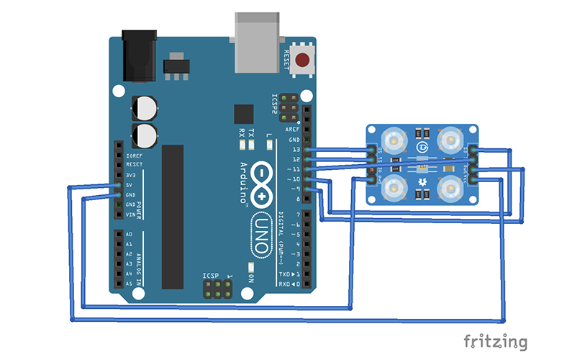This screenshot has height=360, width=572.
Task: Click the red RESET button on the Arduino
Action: pyautogui.click(x=304, y=60)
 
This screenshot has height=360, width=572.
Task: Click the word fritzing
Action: pyautogui.click(x=495, y=340)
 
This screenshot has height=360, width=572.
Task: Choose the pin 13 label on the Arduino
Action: pyautogui.click(x=296, y=149)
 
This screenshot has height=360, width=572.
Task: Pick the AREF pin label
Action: pyautogui.click(x=294, y=130)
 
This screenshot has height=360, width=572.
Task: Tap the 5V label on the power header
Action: pyautogui.click(x=130, y=185)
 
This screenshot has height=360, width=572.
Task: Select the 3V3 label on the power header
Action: pyautogui.click(x=132, y=175)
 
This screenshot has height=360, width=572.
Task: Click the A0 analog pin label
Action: pyautogui.click(x=129, y=235)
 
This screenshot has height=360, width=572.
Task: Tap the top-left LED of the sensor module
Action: pyautogui.click(x=395, y=138)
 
